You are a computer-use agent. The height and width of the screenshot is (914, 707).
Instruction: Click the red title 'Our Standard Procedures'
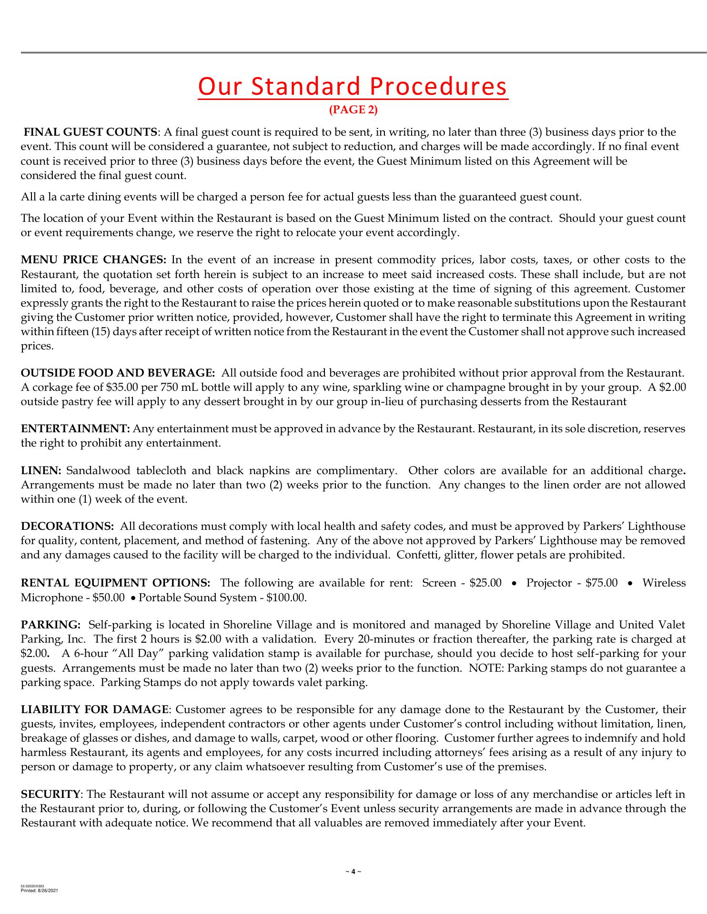tap(353, 87)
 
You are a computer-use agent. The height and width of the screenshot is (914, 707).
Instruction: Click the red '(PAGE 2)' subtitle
tap(353, 110)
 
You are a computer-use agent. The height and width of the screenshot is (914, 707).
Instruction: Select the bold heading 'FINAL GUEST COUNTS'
tap(91, 132)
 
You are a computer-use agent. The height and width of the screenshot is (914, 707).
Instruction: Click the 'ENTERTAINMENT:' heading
tap(75, 429)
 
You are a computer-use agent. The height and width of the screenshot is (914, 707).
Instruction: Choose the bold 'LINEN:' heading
tap(41, 471)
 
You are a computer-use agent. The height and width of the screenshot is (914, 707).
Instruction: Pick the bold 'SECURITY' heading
tap(50, 795)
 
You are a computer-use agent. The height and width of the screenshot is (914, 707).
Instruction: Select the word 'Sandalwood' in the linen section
tap(98, 471)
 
